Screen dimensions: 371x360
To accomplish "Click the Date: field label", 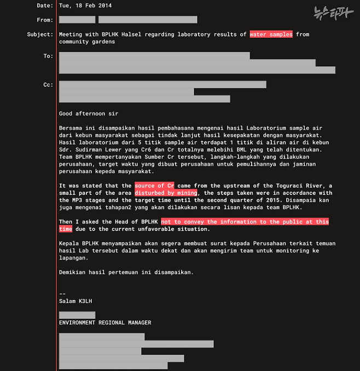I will click(x=45, y=5).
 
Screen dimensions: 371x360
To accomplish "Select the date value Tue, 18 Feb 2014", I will click(x=88, y=5).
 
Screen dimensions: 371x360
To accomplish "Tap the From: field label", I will click(x=45, y=20).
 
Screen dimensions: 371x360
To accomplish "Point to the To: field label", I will click(x=48, y=56).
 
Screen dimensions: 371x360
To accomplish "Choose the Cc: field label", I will click(x=48, y=85).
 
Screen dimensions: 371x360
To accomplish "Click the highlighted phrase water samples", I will click(x=271, y=34).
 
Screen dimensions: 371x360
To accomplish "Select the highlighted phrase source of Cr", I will click(x=154, y=186).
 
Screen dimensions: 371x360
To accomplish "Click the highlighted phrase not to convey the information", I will click(x=245, y=221).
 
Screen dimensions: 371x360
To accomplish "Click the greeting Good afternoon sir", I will click(x=89, y=114).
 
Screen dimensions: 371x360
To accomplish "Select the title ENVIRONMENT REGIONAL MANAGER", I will click(x=105, y=322).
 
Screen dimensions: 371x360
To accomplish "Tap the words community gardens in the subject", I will click(x=87, y=42).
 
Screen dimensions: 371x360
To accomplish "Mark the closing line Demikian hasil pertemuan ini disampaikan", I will click(x=126, y=272).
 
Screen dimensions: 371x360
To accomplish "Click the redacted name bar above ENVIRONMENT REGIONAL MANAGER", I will click(x=77, y=315).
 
